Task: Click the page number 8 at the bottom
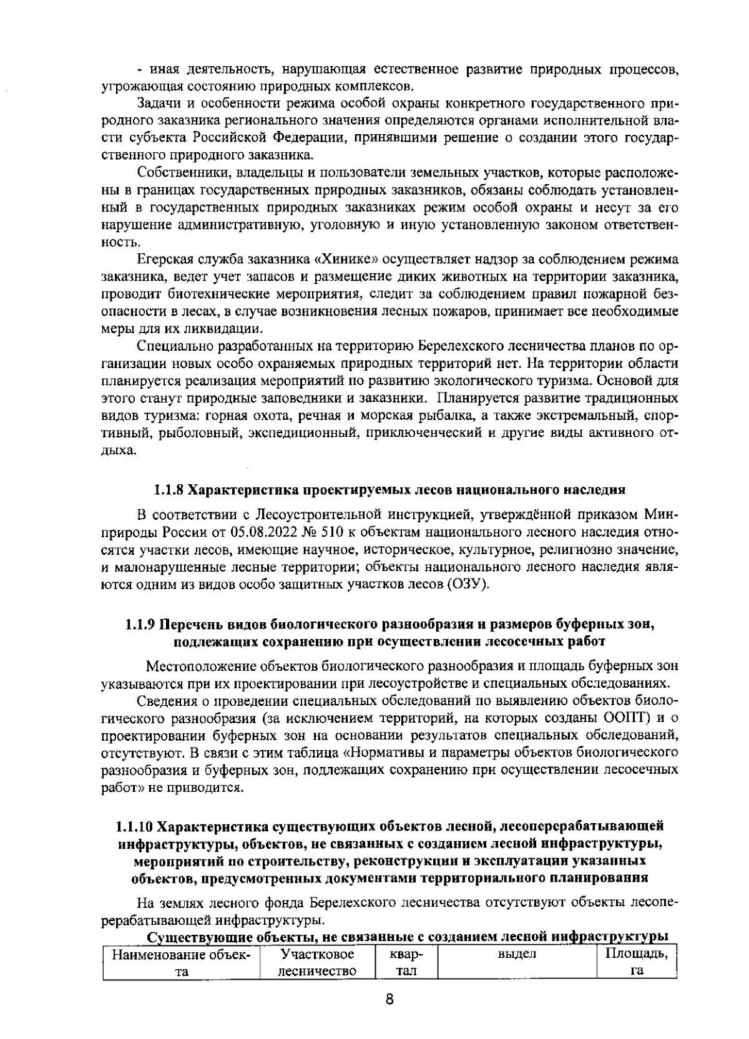click(x=388, y=999)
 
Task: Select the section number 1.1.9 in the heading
click(x=141, y=624)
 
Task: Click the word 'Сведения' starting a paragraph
click(x=162, y=698)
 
